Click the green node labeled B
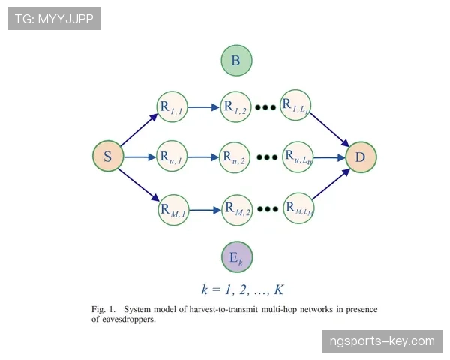236,60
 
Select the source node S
108,156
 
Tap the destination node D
361,157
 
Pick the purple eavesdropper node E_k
237,256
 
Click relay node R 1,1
172,106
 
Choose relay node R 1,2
235,106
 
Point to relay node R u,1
172,156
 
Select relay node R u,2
235,157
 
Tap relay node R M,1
174,210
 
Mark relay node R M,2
237,210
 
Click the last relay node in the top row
295,105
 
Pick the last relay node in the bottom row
298,208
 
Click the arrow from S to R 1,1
139,130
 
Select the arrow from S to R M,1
139,185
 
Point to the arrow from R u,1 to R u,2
203,157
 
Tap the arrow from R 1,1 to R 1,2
204,107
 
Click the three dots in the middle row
267,157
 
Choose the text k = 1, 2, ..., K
243,289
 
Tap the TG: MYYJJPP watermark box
54,19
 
